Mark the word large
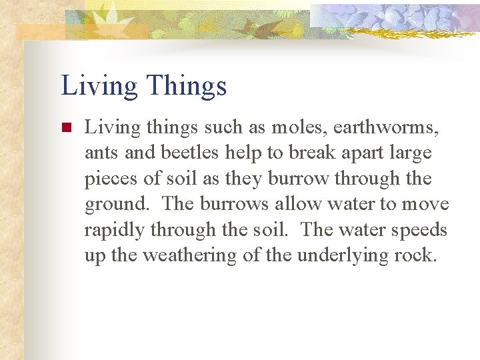411,153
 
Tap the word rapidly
115,229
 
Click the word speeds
420,229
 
